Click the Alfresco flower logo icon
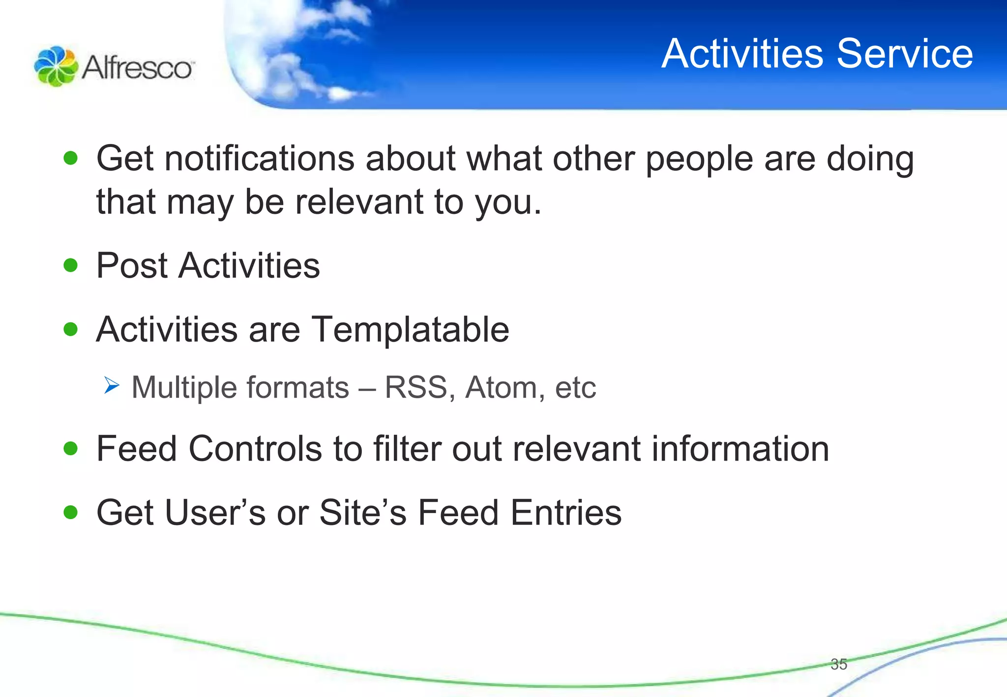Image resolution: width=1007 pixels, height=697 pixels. tap(55, 66)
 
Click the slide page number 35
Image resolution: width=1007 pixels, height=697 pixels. tap(838, 664)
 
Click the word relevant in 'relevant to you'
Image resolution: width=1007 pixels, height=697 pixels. tap(359, 202)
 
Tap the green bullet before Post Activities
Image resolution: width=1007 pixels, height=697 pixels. tap(71, 265)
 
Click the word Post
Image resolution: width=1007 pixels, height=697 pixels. tap(132, 265)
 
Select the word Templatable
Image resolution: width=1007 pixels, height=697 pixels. tap(410, 329)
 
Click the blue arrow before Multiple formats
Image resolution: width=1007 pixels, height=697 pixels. tap(112, 385)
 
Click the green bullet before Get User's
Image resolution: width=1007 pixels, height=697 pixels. tap(71, 512)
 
